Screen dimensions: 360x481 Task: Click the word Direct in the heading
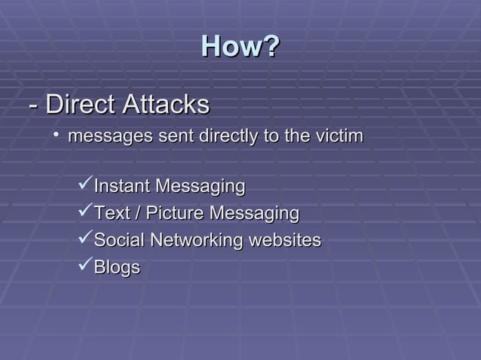pos(80,105)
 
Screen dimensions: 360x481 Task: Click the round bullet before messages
pos(57,136)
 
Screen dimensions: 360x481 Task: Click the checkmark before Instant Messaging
pos(84,185)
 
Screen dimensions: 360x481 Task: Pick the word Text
pos(112,214)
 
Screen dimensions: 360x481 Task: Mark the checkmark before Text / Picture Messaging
pos(84,213)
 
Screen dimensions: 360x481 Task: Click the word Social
pos(118,241)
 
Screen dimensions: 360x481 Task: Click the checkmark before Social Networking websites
pos(84,240)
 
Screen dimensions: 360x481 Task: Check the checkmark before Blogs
pos(84,267)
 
